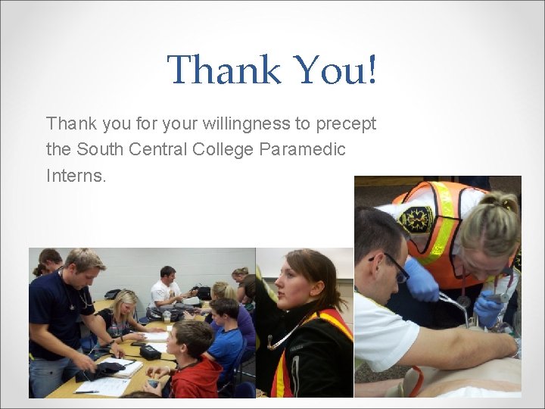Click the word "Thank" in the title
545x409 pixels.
click(x=223, y=70)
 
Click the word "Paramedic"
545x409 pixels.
click(x=302, y=149)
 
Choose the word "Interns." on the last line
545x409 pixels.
click(x=76, y=176)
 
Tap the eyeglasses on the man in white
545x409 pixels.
click(x=394, y=265)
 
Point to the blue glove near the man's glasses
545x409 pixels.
click(x=422, y=280)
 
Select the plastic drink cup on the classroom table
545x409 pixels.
click(x=167, y=316)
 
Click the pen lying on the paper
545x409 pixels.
click(x=87, y=392)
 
